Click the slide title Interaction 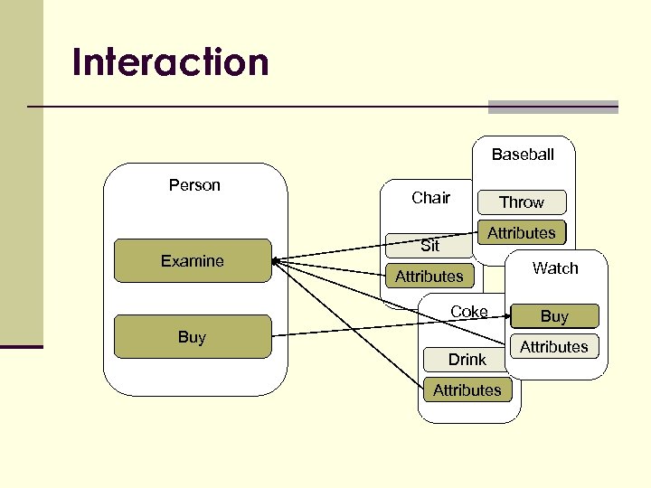pos(171,62)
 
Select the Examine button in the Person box pos(192,261)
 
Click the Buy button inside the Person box pos(192,337)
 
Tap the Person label pos(194,185)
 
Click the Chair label pos(430,198)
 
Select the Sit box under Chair pos(430,246)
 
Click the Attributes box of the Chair pos(429,277)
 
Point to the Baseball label pos(523,155)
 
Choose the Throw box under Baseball pos(522,202)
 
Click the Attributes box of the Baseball pos(522,233)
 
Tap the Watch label pos(555,268)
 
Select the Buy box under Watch pos(554,316)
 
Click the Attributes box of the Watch pos(554,347)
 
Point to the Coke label pos(469,312)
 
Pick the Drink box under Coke pos(467,360)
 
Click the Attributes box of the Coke pos(467,390)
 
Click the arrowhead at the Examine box pos(275,261)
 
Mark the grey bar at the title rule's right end pos(552,107)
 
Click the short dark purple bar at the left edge pos(21,346)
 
